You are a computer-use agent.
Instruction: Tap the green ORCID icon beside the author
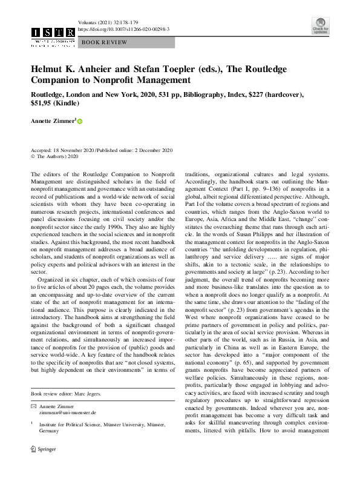click(79, 122)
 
